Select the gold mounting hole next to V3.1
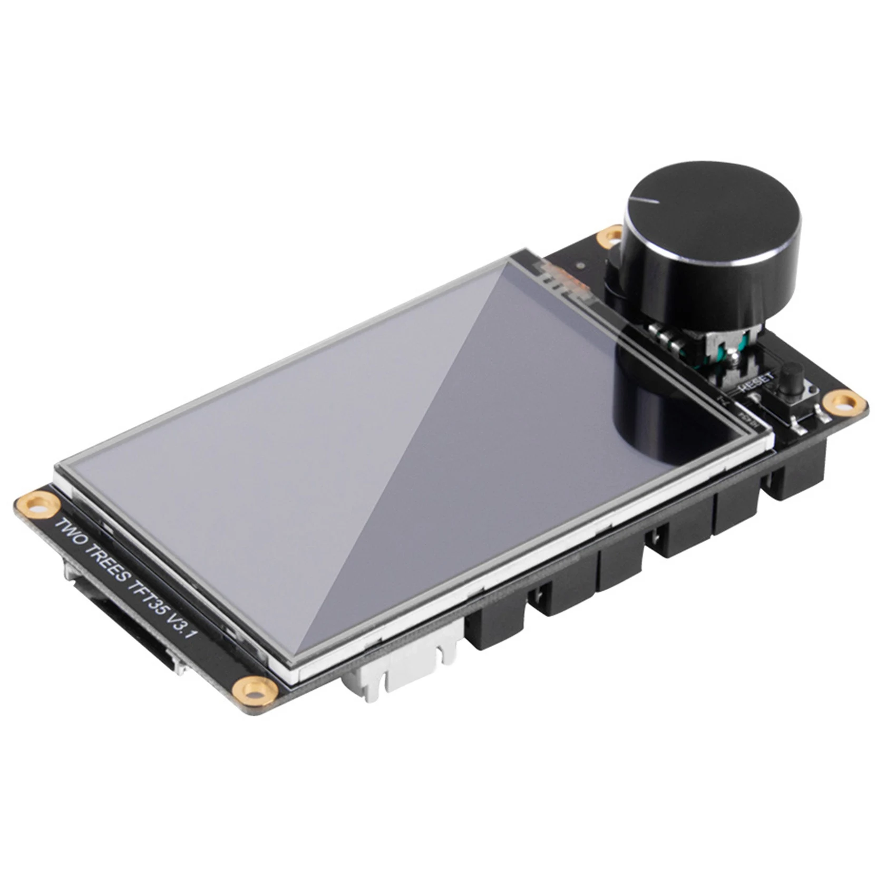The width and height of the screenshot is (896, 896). tap(256, 687)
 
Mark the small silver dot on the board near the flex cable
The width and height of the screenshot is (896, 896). tap(580, 266)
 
